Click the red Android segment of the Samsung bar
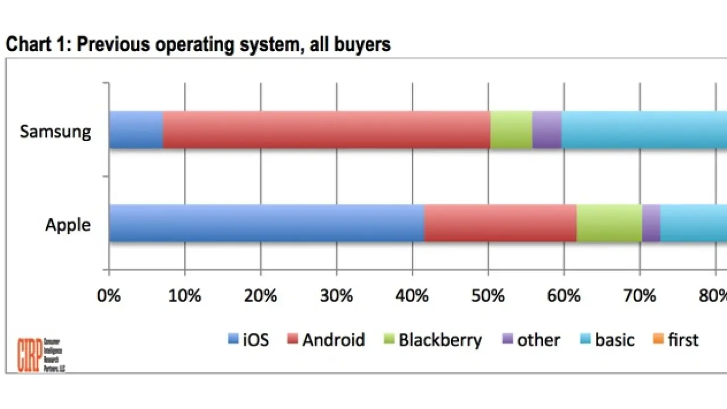coord(327,130)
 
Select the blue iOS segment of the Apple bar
coord(266,223)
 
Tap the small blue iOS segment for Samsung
coord(136,130)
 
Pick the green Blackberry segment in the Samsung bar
coord(511,130)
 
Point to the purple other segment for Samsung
coord(547,130)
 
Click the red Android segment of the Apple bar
coord(500,223)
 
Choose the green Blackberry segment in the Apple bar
coord(609,223)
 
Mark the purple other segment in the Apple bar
coord(651,223)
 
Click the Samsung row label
coord(55,132)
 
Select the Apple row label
coord(68,225)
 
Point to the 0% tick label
coord(109,296)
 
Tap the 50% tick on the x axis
coord(488,296)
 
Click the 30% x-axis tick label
coord(337,296)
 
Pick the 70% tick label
coord(640,296)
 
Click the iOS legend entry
coord(248,340)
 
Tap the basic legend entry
coord(607,340)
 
